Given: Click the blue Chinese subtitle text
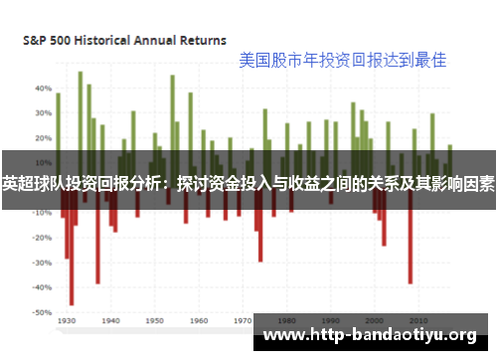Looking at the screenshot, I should coord(342,60).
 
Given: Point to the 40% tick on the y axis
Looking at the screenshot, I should coord(42,89).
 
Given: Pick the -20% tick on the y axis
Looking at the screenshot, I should coord(41,238).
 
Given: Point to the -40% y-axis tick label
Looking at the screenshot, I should coord(41,287).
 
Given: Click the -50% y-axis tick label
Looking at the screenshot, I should coord(41,312).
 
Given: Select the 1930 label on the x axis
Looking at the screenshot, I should coord(68,322).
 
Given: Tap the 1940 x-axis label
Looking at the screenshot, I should coord(111,322).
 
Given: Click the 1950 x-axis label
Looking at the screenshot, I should coord(155,322).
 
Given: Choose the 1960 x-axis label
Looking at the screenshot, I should coord(199,322).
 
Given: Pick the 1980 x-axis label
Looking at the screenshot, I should coord(286,322).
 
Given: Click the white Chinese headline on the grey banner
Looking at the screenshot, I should coord(248,183).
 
